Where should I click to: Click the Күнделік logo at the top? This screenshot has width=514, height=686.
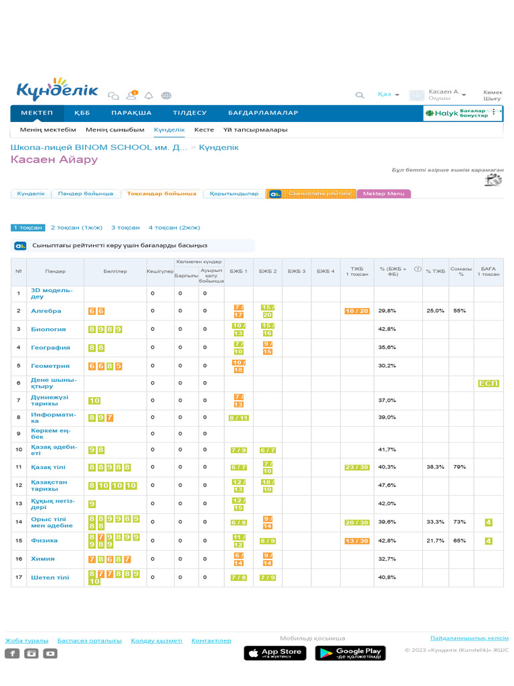(x=58, y=90)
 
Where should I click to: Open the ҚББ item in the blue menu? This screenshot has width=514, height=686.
(x=82, y=113)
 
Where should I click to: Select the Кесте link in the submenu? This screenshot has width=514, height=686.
(x=204, y=130)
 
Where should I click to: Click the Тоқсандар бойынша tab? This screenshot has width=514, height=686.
(x=162, y=194)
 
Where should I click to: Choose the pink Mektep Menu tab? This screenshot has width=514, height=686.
(x=383, y=194)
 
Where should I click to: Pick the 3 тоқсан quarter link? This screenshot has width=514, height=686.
(x=125, y=228)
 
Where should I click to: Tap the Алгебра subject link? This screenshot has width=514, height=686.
(x=46, y=311)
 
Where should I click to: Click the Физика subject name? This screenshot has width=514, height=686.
(x=44, y=541)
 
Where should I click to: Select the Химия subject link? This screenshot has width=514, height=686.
(x=43, y=559)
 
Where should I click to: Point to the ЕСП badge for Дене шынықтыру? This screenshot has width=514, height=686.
(x=489, y=383)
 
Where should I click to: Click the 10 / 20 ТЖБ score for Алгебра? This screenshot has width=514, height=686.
(x=357, y=311)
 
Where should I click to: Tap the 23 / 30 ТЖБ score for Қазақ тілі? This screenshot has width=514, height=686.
(x=357, y=467)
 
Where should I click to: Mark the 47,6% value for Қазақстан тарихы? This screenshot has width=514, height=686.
(x=388, y=485)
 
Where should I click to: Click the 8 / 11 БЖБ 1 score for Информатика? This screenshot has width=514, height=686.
(x=239, y=417)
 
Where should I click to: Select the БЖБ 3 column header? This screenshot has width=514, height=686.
(x=296, y=271)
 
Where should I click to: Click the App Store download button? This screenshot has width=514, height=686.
(x=275, y=653)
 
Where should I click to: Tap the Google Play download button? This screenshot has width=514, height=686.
(x=349, y=653)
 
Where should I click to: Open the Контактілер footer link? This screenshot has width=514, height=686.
(x=211, y=641)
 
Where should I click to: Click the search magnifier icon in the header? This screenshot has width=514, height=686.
(x=360, y=95)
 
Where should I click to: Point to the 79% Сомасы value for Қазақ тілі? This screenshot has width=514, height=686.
(x=460, y=467)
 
